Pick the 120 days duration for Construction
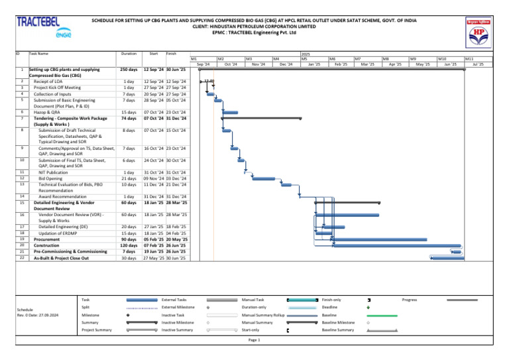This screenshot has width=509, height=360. (x=129, y=245)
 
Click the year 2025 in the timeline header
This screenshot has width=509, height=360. (x=306, y=54)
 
